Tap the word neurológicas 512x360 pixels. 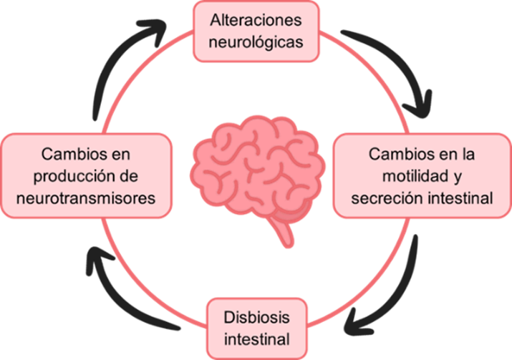[256, 42]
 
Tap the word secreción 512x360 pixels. [385, 196]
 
